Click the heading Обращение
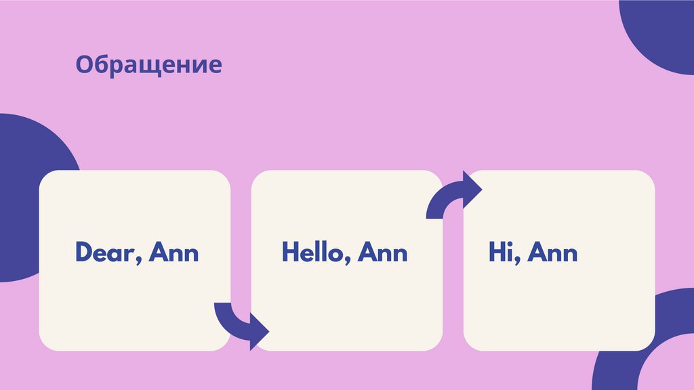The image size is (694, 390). [148, 64]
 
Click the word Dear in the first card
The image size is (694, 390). [101, 253]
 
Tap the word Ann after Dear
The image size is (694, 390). [174, 253]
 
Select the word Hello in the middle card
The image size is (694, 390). [314, 253]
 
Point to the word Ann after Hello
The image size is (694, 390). [383, 253]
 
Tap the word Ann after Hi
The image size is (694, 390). [553, 253]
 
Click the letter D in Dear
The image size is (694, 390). [82, 253]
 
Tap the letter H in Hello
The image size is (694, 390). [290, 253]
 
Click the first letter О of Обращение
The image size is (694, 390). [83, 65]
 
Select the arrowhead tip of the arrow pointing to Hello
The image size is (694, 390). [268, 332]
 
